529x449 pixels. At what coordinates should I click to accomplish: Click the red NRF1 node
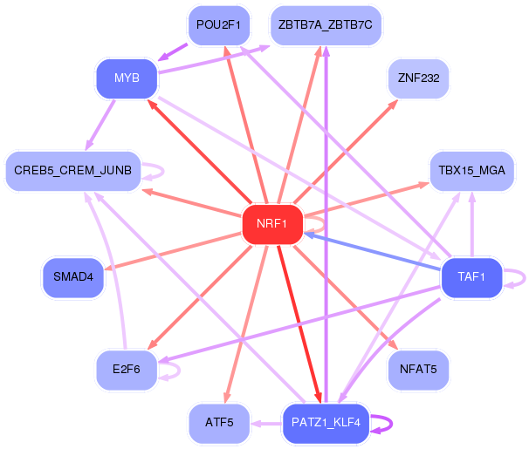272,224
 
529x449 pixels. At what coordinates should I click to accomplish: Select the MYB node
127,79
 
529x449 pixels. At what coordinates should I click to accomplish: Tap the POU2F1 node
218,24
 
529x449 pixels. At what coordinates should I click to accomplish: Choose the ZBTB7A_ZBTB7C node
326,24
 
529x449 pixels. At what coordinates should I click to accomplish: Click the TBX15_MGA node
472,170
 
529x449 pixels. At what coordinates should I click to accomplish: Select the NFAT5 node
418,370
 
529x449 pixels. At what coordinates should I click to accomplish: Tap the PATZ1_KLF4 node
326,423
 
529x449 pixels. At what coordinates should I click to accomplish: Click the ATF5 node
219,423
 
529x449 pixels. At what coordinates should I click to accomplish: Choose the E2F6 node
127,370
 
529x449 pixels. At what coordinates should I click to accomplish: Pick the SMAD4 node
73,278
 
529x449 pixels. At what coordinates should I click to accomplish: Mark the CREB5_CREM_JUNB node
73,170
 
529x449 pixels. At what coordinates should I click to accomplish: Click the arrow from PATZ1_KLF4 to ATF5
266,423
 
